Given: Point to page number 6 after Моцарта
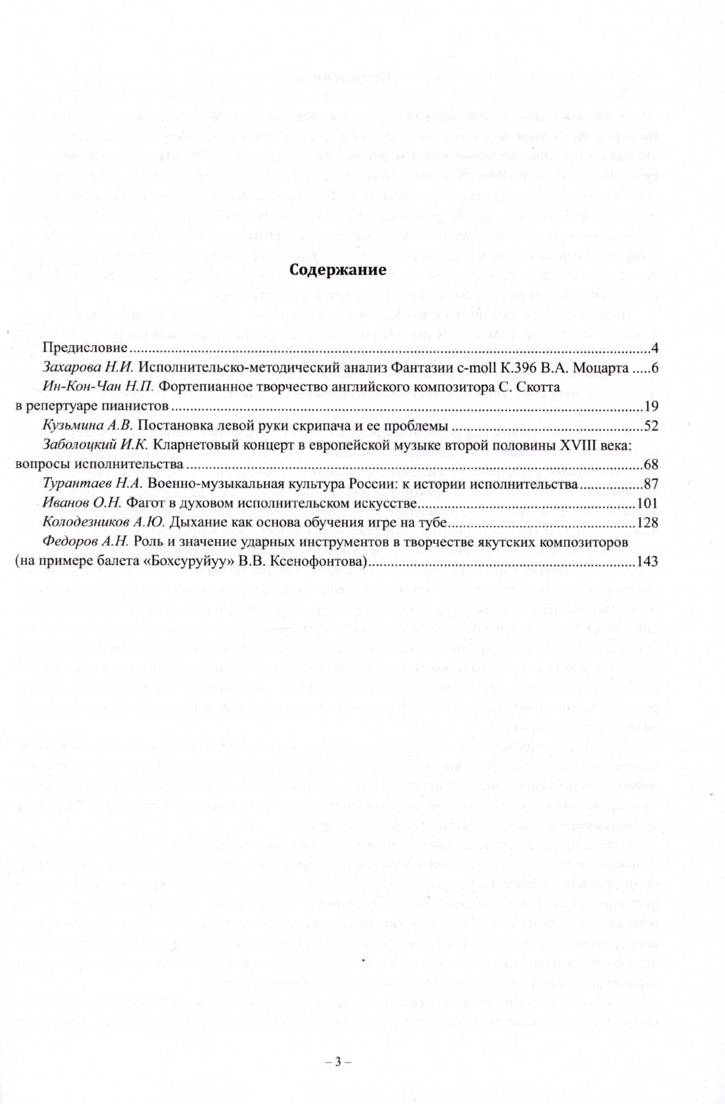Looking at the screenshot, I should click(x=655, y=368).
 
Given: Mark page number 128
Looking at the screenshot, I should click(x=649, y=523).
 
